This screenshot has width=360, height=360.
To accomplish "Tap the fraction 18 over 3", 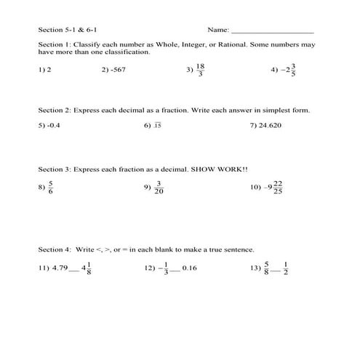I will (201, 70).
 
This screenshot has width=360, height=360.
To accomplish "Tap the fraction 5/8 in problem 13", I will (267, 268).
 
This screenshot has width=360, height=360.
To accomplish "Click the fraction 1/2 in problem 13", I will (286, 268).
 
